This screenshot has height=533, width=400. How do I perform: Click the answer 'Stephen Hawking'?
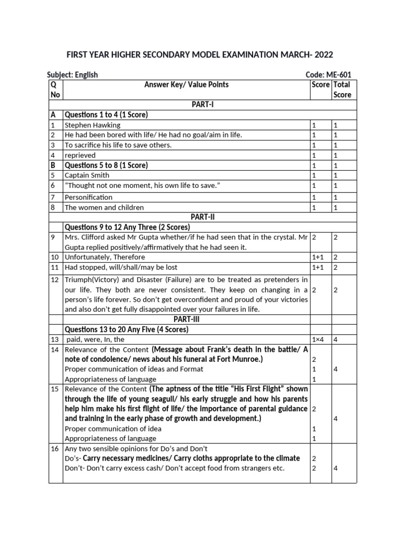coord(92,125)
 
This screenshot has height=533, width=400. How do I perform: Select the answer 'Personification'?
coord(88,197)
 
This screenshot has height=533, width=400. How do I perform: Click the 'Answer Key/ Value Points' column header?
coord(186,85)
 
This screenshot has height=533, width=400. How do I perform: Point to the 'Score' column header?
coord(320,85)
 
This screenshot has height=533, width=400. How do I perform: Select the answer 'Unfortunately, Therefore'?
coord(105,257)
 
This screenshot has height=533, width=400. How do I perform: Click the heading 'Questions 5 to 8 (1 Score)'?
coord(106,165)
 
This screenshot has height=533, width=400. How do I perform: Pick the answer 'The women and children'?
coord(104,207)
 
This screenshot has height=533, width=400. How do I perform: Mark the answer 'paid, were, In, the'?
coord(95,339)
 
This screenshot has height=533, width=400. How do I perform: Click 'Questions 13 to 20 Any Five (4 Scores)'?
coord(126,329)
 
